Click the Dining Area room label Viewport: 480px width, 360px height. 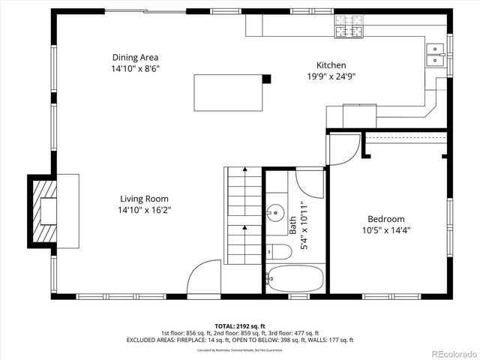coord(135,57)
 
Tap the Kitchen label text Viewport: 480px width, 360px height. coord(331,65)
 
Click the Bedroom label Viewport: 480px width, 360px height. coord(386,219)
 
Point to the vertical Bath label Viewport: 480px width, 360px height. coord(292,226)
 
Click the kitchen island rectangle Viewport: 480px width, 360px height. coord(228,92)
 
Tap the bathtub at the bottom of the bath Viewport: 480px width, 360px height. coord(295,279)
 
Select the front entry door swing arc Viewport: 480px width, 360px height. coord(202,277)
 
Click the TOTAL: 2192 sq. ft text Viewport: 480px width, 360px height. coord(239,326)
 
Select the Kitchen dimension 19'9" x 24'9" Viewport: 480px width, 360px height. coord(331,76)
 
